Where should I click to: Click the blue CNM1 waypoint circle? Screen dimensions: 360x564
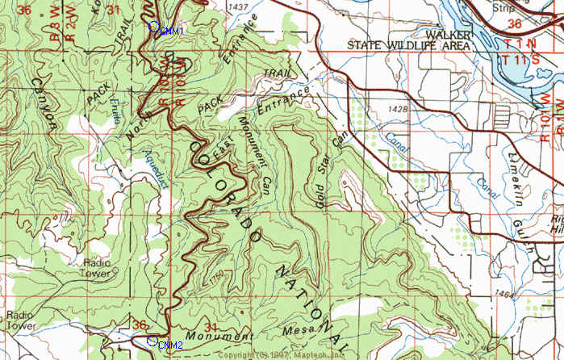pos(154,27)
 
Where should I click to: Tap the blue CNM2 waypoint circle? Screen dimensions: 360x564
pos(152,341)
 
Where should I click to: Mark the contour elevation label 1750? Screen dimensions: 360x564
pos(215,278)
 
